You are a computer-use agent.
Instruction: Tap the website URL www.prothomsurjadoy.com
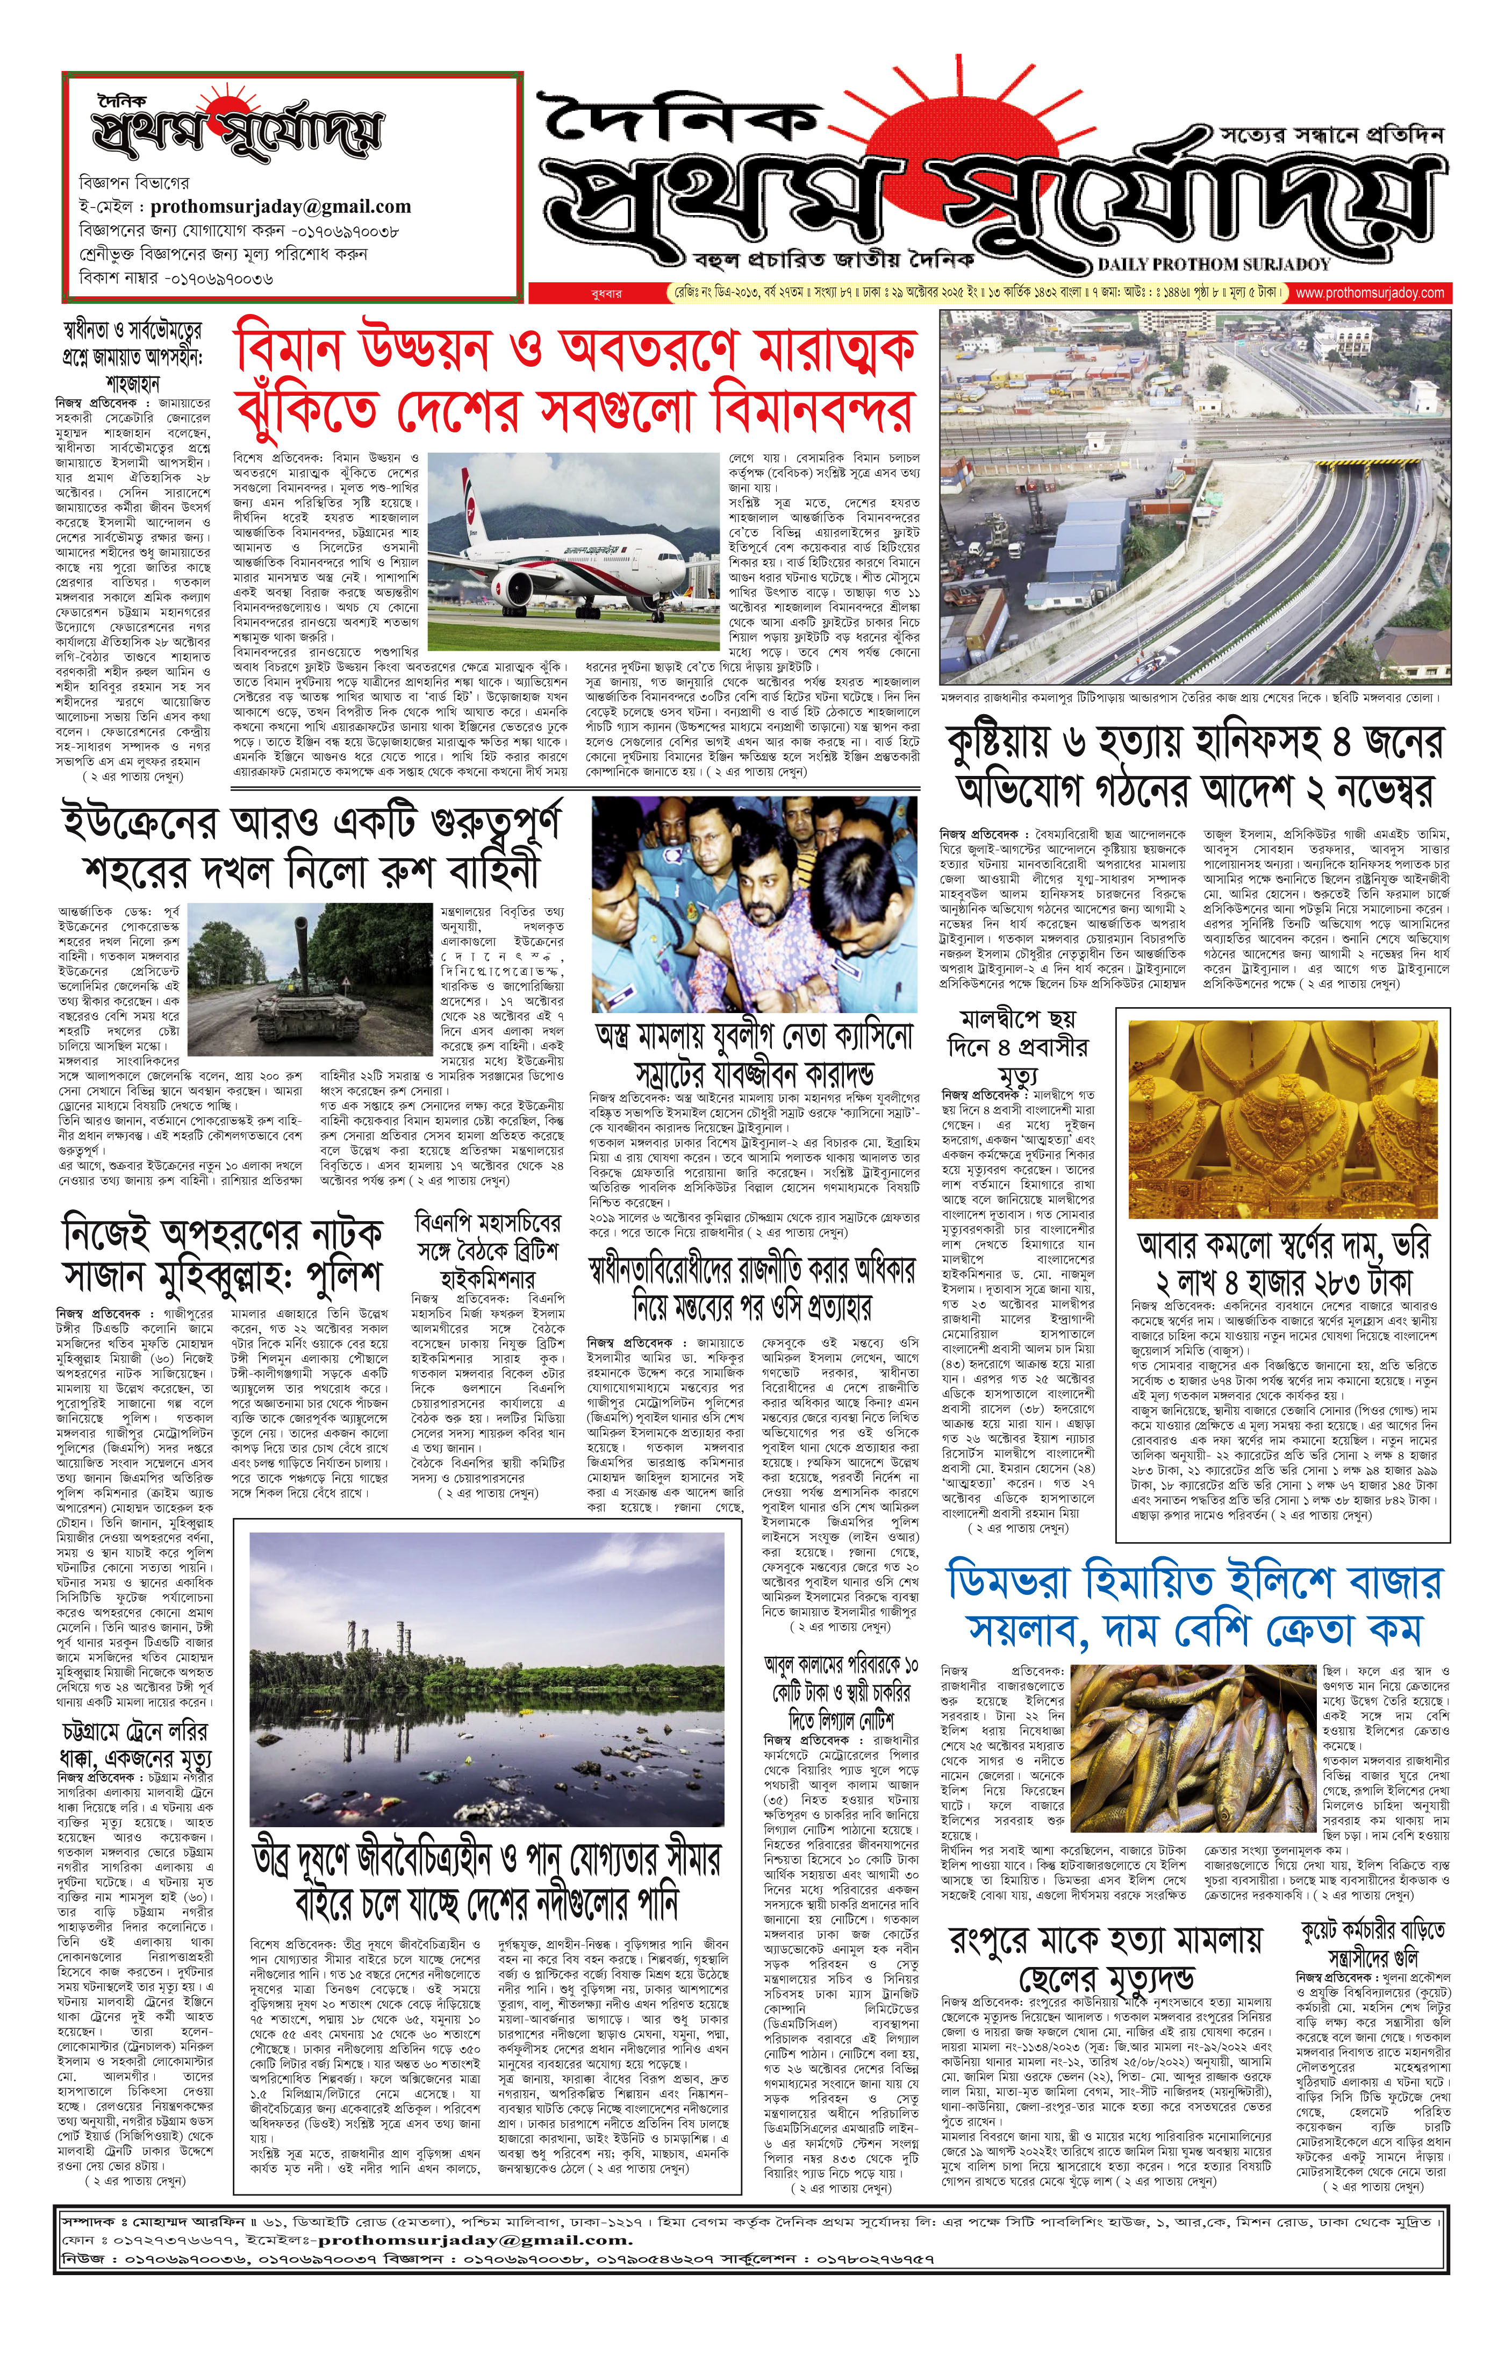point(1370,293)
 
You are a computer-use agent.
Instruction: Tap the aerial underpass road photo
point(1194,496)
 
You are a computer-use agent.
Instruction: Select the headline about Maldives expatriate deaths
point(1017,1044)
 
